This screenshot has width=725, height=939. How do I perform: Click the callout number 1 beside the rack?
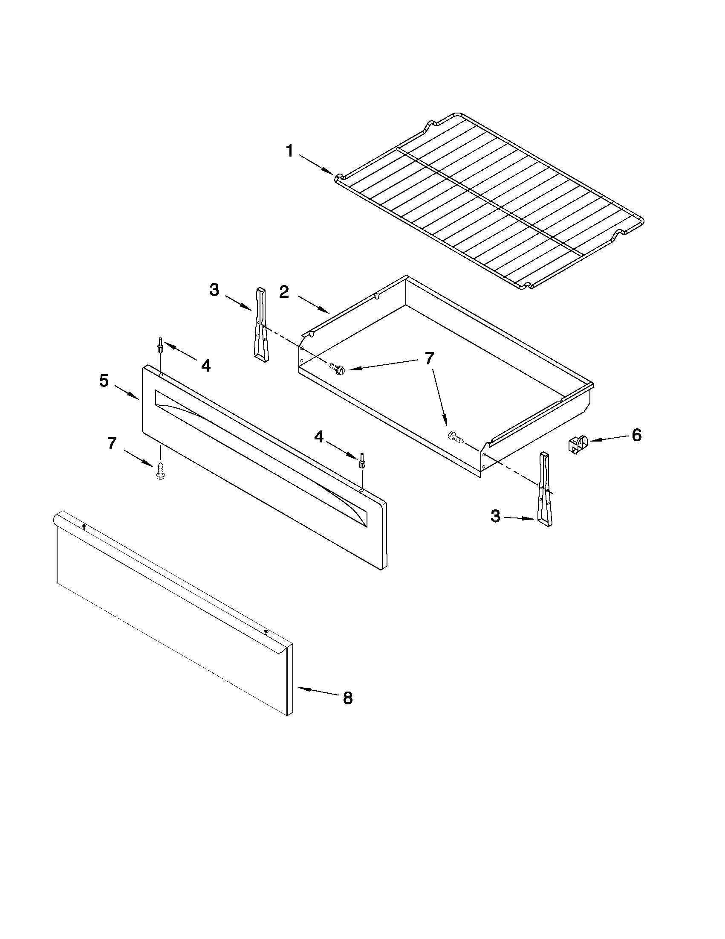(x=290, y=151)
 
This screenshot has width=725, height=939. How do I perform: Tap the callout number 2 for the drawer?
(x=284, y=292)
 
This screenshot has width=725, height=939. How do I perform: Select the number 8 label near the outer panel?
(x=347, y=698)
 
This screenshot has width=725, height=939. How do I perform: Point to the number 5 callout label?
(x=104, y=381)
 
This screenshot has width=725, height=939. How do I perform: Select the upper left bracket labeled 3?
(x=261, y=322)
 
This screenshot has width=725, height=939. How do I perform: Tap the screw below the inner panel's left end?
(x=161, y=471)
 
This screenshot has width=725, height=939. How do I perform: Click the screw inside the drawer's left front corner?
(x=337, y=369)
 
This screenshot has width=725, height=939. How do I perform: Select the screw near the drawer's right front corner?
(x=456, y=437)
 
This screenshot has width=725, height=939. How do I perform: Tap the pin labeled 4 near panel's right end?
(x=362, y=460)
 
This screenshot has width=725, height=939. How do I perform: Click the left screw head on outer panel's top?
(x=84, y=526)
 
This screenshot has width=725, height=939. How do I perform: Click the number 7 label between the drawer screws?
(x=429, y=358)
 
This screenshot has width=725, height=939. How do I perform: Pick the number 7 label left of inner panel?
(x=112, y=443)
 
